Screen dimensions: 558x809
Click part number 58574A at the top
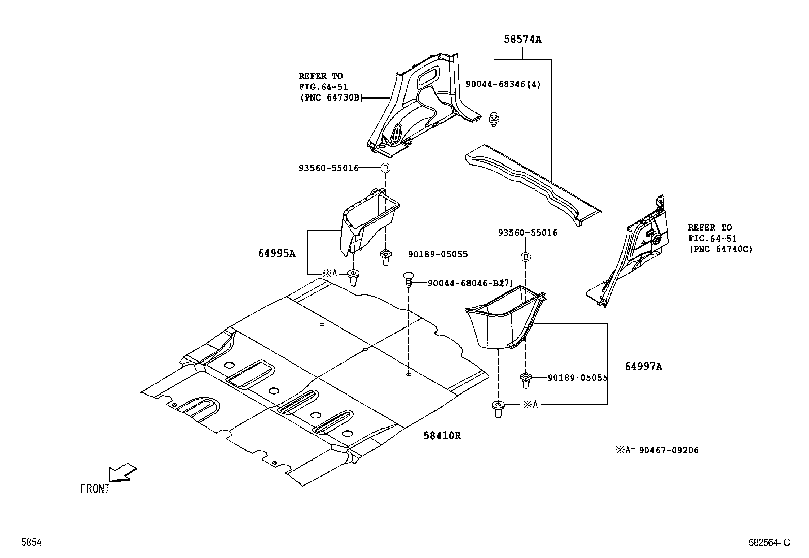pos(522,39)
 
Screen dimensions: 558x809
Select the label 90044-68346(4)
pos(503,84)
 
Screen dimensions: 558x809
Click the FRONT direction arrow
pos(123,472)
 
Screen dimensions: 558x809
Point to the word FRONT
pos(95,488)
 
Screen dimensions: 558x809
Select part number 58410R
pos(442,435)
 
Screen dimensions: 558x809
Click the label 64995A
pos(276,253)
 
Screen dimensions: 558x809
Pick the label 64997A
pos(643,366)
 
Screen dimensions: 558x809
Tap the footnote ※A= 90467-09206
pos(657,450)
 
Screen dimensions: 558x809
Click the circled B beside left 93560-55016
pos(385,168)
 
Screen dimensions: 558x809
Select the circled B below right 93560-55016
pos(526,257)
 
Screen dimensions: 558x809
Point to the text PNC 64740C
pos(721,249)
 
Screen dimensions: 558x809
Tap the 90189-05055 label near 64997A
pos(578,378)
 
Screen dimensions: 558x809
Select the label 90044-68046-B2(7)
pos(470,283)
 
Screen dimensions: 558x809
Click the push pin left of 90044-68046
pos(408,278)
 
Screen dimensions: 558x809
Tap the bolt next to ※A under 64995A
pos(353,278)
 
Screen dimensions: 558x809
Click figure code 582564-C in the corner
pos(769,542)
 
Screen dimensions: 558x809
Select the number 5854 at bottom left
pos(31,542)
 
